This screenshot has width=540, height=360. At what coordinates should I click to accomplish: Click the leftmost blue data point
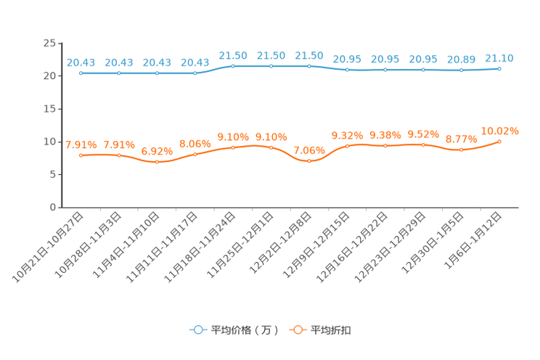pos(81,73)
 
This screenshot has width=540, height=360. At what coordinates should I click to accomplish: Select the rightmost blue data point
pos(499,68)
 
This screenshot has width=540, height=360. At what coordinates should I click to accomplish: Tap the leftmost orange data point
pos(81,155)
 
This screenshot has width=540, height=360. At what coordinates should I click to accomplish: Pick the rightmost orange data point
pos(499,141)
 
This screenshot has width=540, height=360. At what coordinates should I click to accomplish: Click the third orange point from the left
pos(157,162)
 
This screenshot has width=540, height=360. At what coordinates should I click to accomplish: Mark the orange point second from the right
pos(461,150)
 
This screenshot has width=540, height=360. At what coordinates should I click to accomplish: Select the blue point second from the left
pos(119,73)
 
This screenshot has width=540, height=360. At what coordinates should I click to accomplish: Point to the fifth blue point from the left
pos(233,66)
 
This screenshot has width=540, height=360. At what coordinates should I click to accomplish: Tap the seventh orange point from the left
pos(309,160)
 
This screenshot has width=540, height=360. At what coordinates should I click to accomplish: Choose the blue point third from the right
pos(423,70)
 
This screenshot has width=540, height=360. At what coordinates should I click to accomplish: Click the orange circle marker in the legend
pos(297,330)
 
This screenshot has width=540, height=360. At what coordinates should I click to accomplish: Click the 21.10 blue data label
pos(499,57)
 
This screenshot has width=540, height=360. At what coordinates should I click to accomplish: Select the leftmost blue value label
pos(81,62)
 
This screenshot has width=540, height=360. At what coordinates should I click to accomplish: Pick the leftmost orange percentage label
pos(81,144)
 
